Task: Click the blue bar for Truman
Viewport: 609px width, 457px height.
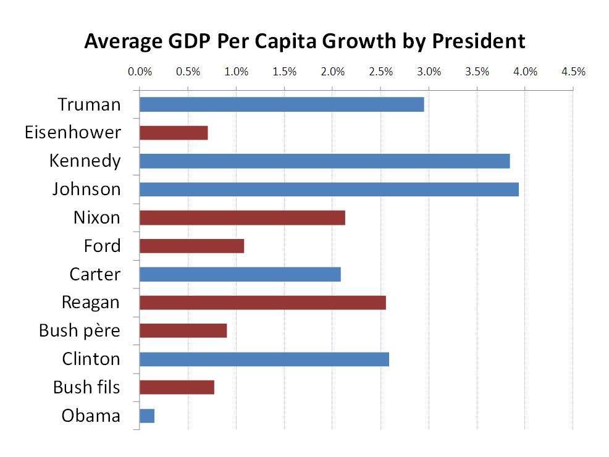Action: pyautogui.click(x=282, y=104)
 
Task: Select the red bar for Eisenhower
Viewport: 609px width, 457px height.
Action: pyautogui.click(x=174, y=133)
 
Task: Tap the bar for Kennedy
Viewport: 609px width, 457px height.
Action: pyautogui.click(x=324, y=161)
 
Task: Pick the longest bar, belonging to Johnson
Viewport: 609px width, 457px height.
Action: pyautogui.click(x=329, y=190)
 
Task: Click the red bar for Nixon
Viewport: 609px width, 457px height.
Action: pyautogui.click(x=242, y=217)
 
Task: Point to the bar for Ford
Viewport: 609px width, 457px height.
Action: pyautogui.click(x=191, y=246)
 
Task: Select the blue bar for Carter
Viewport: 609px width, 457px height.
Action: pyautogui.click(x=240, y=274)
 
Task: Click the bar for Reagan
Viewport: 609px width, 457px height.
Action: pyautogui.click(x=262, y=303)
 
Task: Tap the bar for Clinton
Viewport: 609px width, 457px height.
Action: pyautogui.click(x=264, y=359)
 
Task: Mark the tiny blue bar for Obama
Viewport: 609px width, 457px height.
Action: pyautogui.click(x=147, y=416)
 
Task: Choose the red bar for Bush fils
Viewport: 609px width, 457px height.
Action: pyautogui.click(x=177, y=387)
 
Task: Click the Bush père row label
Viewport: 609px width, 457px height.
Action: pyautogui.click(x=80, y=331)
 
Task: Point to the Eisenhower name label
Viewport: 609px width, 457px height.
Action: pyautogui.click(x=73, y=133)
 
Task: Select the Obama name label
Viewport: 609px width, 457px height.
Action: pyautogui.click(x=91, y=416)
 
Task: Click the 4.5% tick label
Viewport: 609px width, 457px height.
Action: pyautogui.click(x=573, y=72)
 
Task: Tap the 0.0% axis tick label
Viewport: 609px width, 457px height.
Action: pyautogui.click(x=140, y=72)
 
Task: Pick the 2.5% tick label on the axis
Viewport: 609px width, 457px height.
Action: pyautogui.click(x=380, y=72)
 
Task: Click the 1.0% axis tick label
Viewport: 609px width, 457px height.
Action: pyautogui.click(x=236, y=72)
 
